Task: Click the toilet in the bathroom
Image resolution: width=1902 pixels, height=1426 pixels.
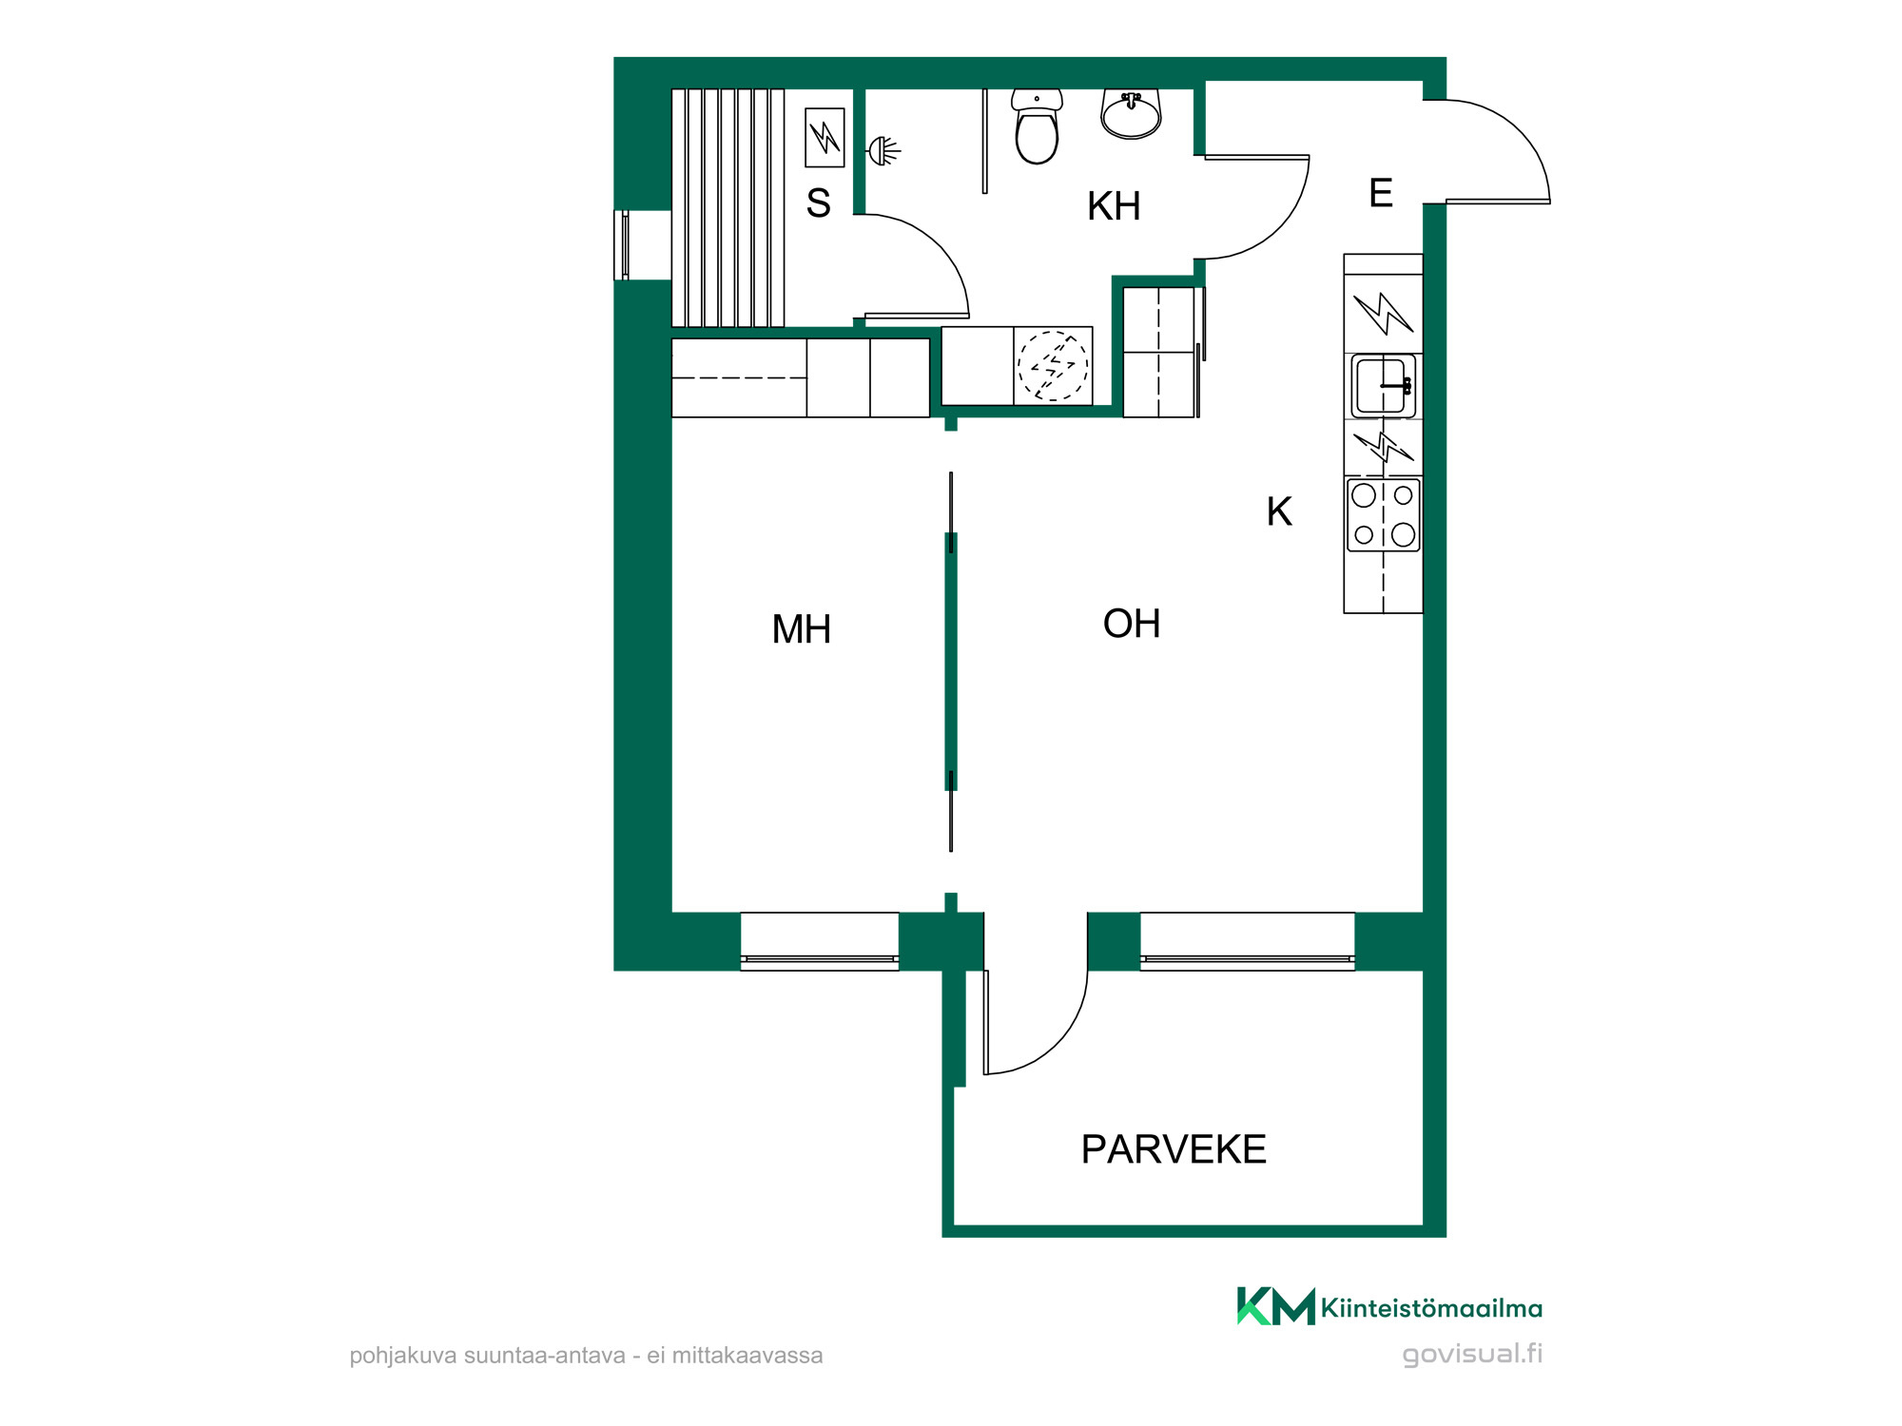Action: (1037, 126)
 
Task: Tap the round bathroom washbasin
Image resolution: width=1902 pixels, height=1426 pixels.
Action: (1131, 114)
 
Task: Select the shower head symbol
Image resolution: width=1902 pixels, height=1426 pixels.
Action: (883, 150)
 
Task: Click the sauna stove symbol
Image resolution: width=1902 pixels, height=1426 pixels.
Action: (825, 138)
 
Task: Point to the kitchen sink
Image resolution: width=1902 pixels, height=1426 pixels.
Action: (1384, 386)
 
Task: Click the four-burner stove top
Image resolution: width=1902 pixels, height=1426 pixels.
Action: (1384, 515)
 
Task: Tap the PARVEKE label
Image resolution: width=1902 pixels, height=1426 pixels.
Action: (1174, 1149)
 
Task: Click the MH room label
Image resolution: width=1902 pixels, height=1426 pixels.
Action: (802, 629)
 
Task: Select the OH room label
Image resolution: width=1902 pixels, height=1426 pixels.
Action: (1132, 624)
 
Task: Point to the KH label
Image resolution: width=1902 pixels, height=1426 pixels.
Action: (1114, 206)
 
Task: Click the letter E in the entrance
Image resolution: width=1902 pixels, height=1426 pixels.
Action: (1381, 193)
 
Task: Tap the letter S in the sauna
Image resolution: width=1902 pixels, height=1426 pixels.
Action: (818, 202)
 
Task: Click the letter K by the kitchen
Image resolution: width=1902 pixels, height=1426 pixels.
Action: (1279, 511)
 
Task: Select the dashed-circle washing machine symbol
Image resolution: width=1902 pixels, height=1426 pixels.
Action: (1053, 366)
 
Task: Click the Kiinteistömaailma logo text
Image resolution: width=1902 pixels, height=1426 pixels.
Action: (1431, 1309)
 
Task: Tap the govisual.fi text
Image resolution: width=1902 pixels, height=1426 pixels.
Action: (1472, 1355)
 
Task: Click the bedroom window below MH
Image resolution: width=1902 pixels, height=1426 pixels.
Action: (820, 941)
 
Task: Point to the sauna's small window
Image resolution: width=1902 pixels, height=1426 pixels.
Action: (622, 245)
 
